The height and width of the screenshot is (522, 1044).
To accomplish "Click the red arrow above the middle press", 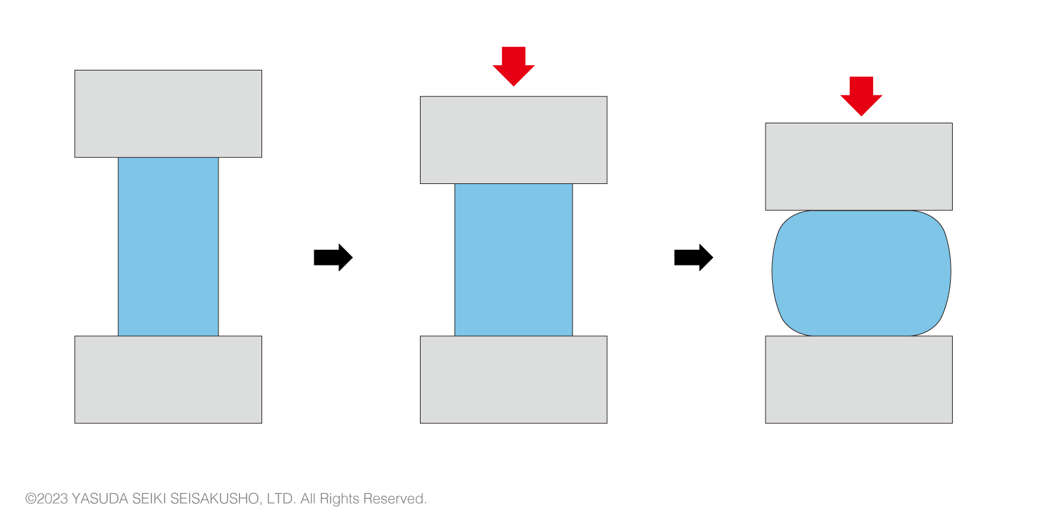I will tap(514, 66).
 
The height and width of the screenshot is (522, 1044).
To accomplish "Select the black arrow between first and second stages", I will tap(333, 258).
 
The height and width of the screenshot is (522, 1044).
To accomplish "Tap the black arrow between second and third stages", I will tap(693, 258).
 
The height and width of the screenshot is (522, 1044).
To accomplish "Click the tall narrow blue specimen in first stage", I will tap(168, 247).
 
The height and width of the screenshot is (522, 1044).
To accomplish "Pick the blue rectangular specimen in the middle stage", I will tap(514, 260).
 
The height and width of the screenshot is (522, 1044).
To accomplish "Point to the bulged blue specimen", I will tap(861, 273).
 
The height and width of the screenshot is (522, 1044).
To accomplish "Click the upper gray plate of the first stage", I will tap(168, 114).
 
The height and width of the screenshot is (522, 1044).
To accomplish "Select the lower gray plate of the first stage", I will tap(168, 380).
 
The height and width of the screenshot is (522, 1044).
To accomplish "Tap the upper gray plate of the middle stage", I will tap(514, 140).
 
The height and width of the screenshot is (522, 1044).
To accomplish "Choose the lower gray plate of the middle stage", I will tap(514, 380).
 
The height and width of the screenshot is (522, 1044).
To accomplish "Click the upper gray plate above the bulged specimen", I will tap(859, 166).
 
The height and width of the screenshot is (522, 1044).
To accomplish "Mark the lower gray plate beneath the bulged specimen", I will tap(859, 380).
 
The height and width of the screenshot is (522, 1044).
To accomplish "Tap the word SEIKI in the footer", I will tap(149, 499).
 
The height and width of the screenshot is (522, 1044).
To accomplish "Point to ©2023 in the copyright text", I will tap(46, 499).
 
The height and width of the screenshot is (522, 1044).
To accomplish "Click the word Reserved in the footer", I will tap(395, 499).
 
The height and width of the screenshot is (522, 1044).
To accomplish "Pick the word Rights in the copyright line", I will tap(339, 499).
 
